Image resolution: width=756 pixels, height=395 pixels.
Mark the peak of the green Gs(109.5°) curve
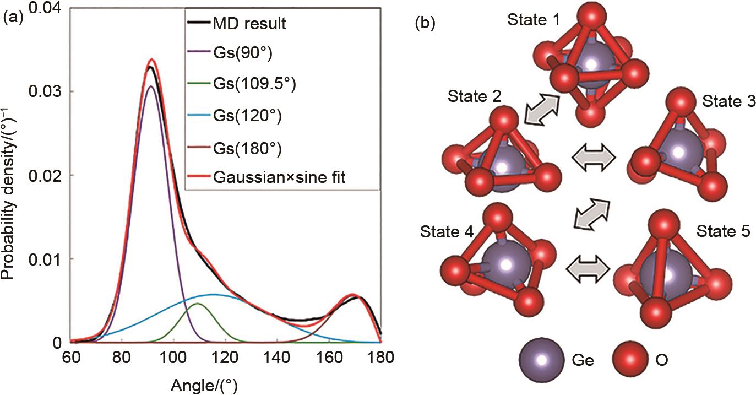(x=198, y=304)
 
